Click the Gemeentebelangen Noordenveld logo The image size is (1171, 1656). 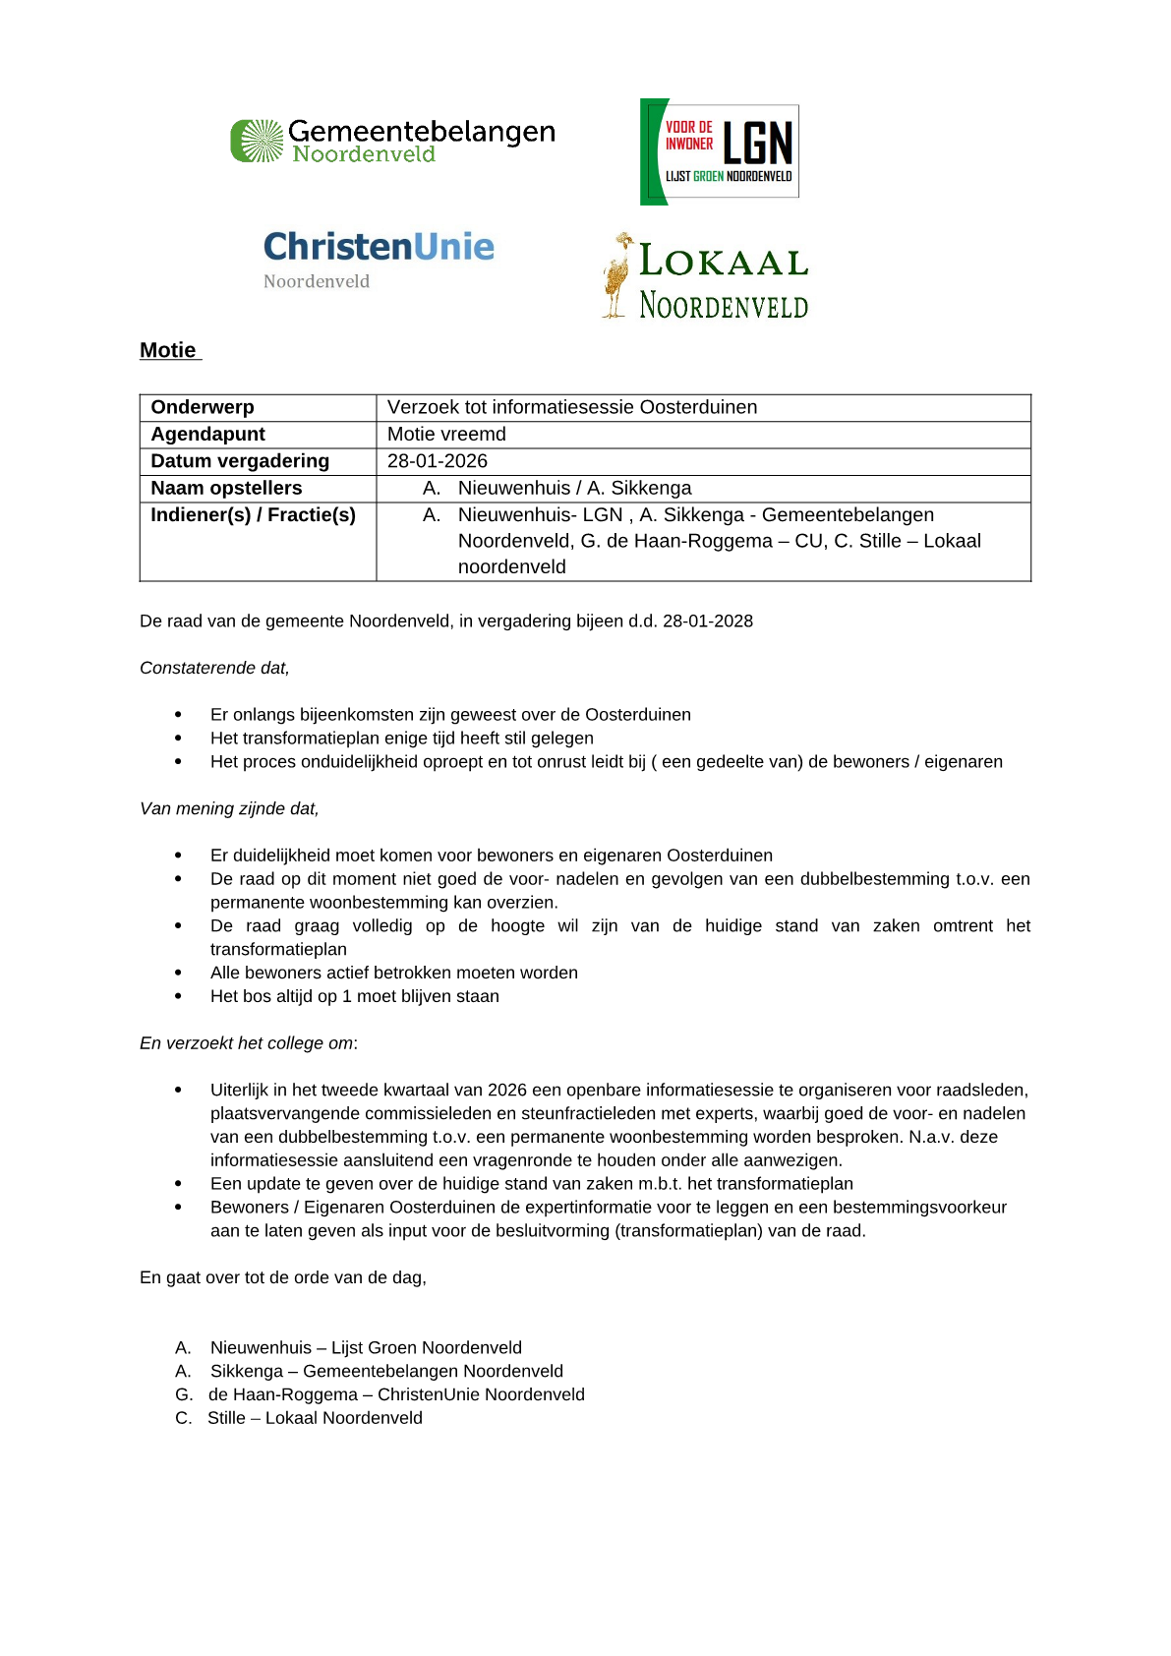[392, 141]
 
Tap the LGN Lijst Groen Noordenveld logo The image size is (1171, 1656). [719, 151]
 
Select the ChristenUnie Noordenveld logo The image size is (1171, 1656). [379, 259]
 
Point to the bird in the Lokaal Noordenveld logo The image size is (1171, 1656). [617, 275]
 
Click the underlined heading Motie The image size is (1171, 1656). [168, 351]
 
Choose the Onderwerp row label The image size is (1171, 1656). [203, 407]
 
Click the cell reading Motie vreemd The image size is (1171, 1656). [446, 435]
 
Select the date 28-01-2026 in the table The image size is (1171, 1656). [438, 461]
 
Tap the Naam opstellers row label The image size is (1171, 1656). [226, 488]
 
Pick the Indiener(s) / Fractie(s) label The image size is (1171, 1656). [253, 515]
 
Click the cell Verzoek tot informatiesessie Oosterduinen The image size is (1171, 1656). [571, 407]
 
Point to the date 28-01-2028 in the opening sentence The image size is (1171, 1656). [708, 621]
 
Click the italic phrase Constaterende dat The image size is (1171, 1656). [214, 669]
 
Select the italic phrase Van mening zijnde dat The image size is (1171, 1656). [229, 809]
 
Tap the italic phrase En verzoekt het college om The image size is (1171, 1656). [248, 1043]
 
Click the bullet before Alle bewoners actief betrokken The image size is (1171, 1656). [178, 974]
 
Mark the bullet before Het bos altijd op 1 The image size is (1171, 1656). [178, 997]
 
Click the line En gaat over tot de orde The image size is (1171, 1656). [283, 1278]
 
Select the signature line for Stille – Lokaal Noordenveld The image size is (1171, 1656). [299, 1418]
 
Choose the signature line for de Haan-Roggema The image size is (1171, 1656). [381, 1394]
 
